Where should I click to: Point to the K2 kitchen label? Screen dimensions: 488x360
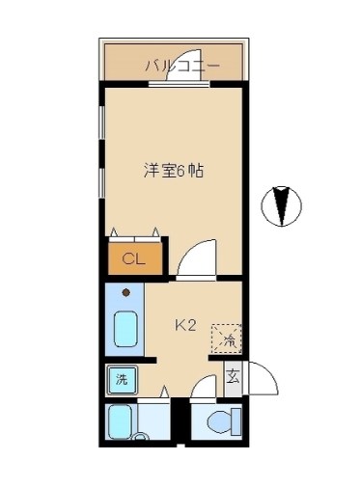[x=185, y=325]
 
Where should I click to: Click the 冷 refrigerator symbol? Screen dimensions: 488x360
[x=228, y=338]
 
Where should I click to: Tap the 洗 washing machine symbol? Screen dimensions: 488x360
[x=122, y=379]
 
